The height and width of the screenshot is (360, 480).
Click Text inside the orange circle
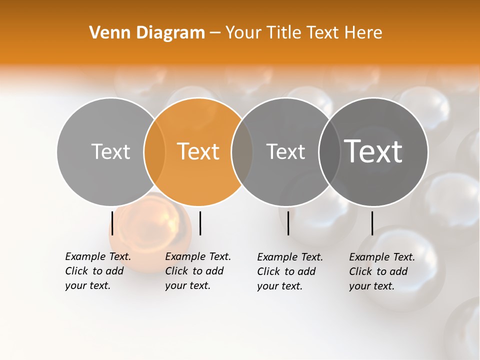(198, 151)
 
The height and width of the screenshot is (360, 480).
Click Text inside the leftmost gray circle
(110, 151)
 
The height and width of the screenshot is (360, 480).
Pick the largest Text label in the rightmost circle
(373, 151)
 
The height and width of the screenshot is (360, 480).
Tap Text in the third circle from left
(285, 151)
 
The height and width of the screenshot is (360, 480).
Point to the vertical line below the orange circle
(200, 223)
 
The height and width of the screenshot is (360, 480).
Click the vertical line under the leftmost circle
(112, 223)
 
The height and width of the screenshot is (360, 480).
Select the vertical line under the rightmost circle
(372, 223)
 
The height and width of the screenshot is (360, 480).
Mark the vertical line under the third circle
(288, 223)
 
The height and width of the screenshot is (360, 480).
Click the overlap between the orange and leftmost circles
(154, 151)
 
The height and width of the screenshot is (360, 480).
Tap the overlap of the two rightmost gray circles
(330, 151)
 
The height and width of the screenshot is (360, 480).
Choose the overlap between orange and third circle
(242, 151)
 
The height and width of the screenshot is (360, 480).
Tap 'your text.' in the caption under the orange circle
(187, 285)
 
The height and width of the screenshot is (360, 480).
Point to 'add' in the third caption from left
(306, 271)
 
